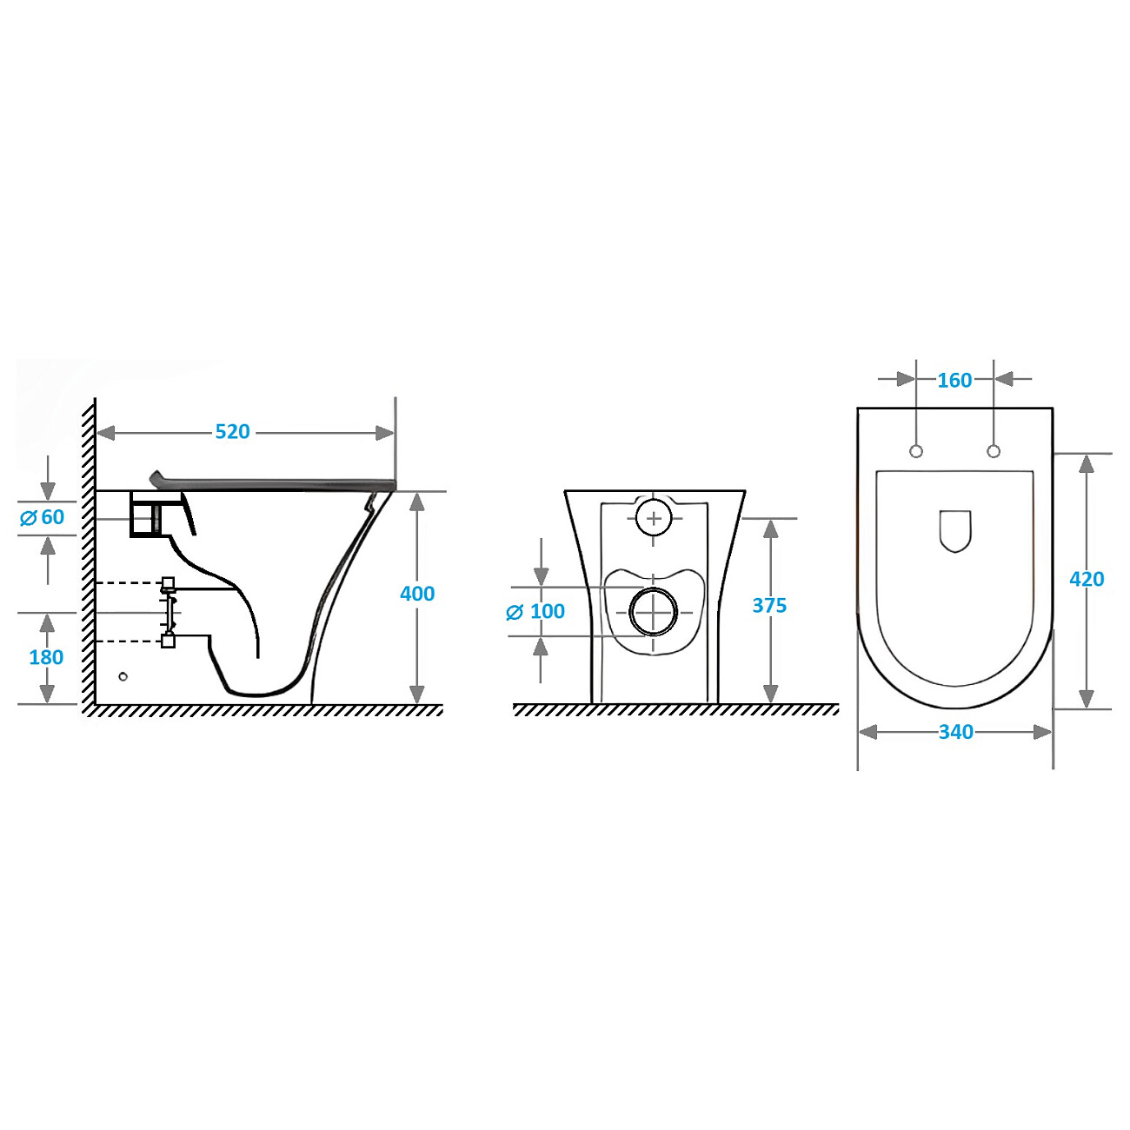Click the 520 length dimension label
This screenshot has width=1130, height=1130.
pyautogui.click(x=232, y=432)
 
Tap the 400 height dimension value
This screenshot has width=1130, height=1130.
pyautogui.click(x=417, y=594)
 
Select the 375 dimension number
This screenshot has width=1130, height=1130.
pyautogui.click(x=769, y=605)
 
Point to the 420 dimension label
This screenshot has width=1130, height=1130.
pyautogui.click(x=1087, y=579)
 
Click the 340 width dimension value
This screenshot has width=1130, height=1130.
pyautogui.click(x=956, y=732)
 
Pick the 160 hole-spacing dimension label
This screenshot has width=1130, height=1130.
pyautogui.click(x=954, y=380)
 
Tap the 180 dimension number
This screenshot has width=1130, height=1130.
pyautogui.click(x=46, y=657)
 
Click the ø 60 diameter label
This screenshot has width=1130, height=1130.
pyautogui.click(x=43, y=516)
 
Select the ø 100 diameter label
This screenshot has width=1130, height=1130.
pyautogui.click(x=535, y=611)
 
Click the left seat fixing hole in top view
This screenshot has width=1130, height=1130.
pyautogui.click(x=916, y=451)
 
